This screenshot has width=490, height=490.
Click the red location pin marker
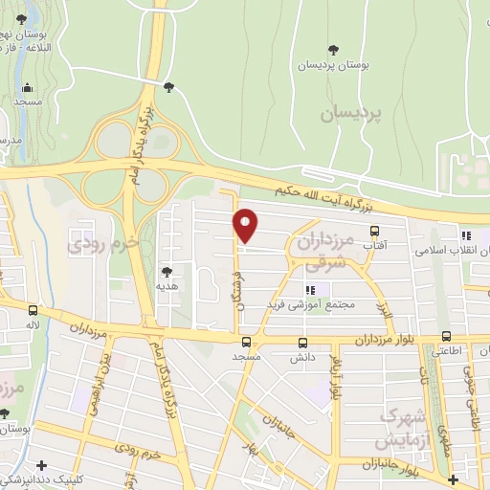point(246,225)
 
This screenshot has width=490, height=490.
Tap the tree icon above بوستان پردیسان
point(333,49)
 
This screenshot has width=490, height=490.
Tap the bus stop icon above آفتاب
point(374,231)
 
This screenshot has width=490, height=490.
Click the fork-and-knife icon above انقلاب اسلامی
point(466,235)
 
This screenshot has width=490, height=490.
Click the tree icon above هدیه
point(168,271)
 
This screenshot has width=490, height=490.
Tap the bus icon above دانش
point(303,343)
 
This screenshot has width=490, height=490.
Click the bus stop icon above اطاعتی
point(447,336)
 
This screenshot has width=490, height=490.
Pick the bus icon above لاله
point(33,310)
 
